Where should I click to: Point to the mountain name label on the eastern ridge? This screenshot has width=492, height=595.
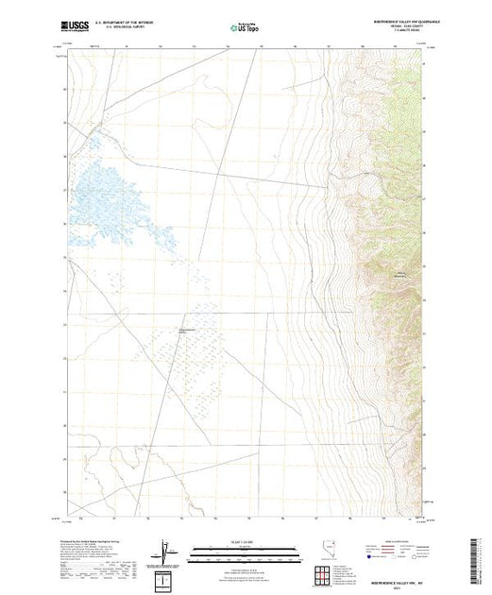tap(399, 274)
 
